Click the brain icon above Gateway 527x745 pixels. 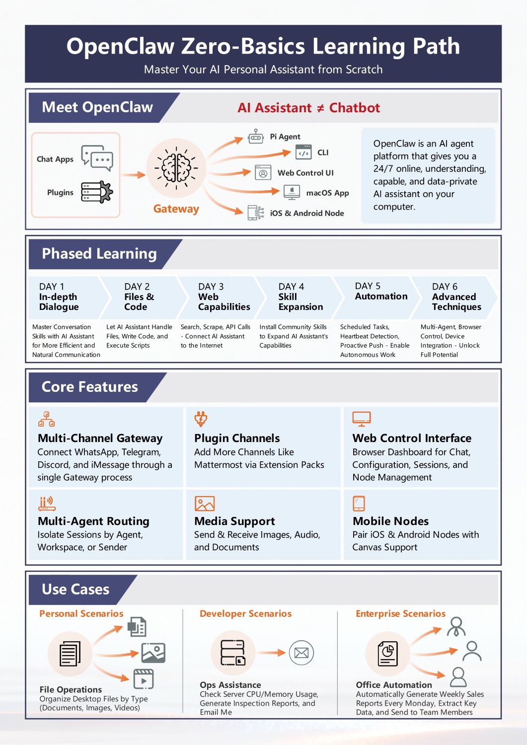pyautogui.click(x=176, y=168)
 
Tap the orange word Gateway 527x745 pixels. pyautogui.click(x=176, y=209)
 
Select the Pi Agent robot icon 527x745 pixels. pyautogui.click(x=255, y=137)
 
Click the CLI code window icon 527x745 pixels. pyautogui.click(x=303, y=152)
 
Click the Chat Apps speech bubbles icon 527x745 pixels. pyautogui.click(x=97, y=158)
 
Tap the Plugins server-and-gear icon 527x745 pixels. pyautogui.click(x=97, y=192)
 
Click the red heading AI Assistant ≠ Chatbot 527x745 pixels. pyautogui.click(x=308, y=108)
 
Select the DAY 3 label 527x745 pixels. pyautogui.click(x=211, y=287)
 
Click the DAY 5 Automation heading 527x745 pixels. pyautogui.click(x=381, y=291)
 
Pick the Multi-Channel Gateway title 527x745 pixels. pyautogui.click(x=100, y=438)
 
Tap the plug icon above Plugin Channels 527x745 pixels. pyautogui.click(x=201, y=419)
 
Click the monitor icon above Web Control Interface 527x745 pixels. pyautogui.click(x=361, y=419)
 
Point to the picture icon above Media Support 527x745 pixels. pyautogui.click(x=205, y=504)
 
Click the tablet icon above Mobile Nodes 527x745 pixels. pyautogui.click(x=359, y=503)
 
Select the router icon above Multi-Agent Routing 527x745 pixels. pyautogui.click(x=47, y=504)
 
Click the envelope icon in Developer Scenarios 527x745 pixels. pyautogui.click(x=301, y=653)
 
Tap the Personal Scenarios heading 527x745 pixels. pyautogui.click(x=81, y=613)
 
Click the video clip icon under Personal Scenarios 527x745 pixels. pyautogui.click(x=144, y=678)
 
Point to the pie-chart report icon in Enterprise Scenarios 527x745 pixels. pyautogui.click(x=387, y=654)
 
